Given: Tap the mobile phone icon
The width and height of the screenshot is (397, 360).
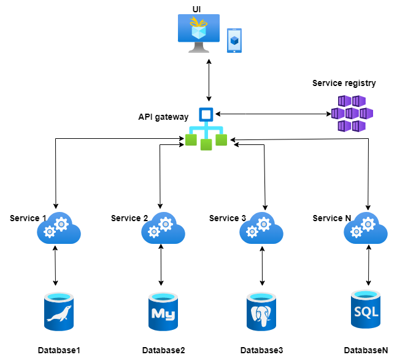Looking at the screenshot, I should (x=234, y=41).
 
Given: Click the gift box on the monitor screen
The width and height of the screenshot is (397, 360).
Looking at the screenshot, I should (x=198, y=28).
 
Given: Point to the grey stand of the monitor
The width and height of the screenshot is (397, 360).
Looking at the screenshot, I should (x=198, y=48).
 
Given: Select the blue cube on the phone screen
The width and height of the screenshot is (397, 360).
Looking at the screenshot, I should (x=234, y=41).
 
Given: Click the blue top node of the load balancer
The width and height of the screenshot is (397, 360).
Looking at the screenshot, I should (x=206, y=114).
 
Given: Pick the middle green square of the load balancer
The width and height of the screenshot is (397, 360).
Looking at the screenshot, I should (x=206, y=144).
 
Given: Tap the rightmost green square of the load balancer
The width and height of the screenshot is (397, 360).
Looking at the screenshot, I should (x=221, y=140).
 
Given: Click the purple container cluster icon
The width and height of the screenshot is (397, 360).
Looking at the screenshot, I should (x=352, y=114).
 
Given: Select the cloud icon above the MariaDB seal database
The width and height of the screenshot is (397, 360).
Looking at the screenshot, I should (x=59, y=229).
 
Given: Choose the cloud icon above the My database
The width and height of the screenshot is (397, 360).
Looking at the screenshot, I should (x=163, y=229).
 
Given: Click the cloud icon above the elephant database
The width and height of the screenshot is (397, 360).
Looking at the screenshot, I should (x=261, y=229).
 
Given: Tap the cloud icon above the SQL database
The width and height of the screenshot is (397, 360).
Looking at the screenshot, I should (x=366, y=229).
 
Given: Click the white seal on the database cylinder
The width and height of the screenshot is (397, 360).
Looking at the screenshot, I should (x=59, y=315).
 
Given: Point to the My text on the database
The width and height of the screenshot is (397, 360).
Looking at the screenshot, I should (x=163, y=315).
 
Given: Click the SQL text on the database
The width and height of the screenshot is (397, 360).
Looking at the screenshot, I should (x=366, y=312).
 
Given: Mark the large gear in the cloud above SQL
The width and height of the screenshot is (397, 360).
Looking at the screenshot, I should (x=368, y=224).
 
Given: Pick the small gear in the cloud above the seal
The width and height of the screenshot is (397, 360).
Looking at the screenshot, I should (x=50, y=232).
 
